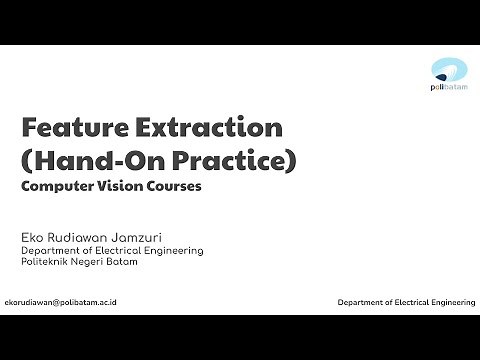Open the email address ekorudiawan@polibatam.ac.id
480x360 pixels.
pyautogui.click(x=61, y=301)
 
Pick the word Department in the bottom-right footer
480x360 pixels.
pyautogui.click(x=361, y=301)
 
